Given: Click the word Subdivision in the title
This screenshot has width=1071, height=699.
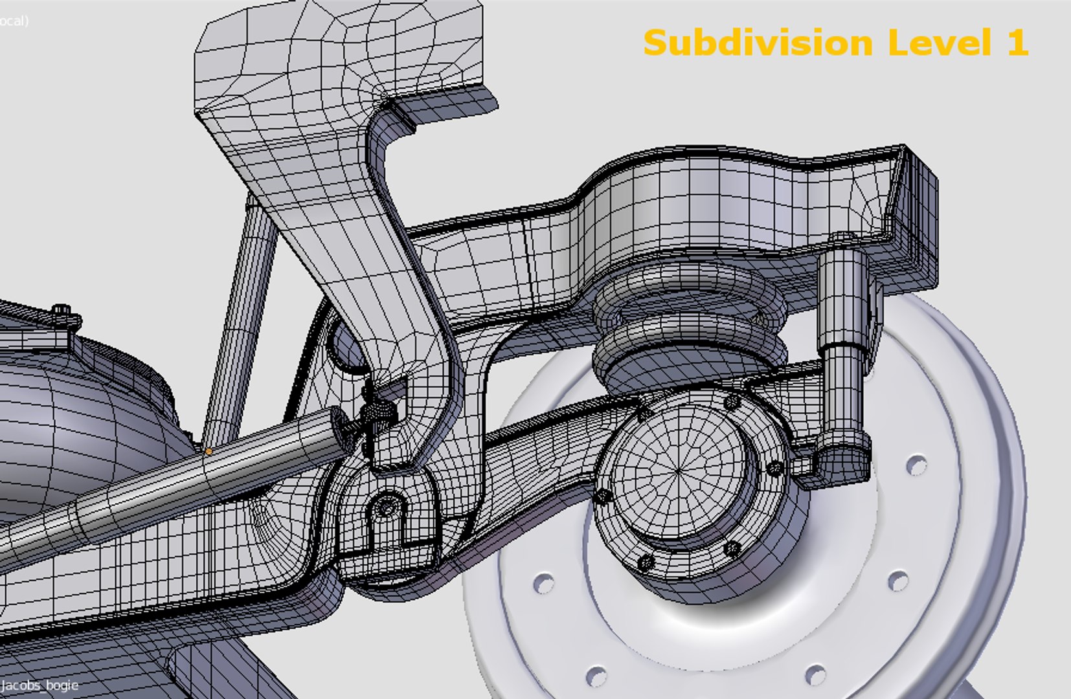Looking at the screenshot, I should [x=758, y=43].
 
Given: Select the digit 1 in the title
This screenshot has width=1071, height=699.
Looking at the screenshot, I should [x=1017, y=43].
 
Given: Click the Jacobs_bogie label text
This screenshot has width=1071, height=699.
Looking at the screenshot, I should [x=40, y=685].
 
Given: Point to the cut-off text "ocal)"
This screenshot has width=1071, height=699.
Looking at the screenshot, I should [x=14, y=21].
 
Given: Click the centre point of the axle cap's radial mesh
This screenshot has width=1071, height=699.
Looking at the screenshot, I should [x=677, y=472].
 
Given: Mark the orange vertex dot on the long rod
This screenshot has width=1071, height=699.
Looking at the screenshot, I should [x=209, y=451].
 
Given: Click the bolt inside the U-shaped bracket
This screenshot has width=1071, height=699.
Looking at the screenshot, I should [x=387, y=507].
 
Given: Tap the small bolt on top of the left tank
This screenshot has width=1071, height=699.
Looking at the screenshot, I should [x=62, y=310].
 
